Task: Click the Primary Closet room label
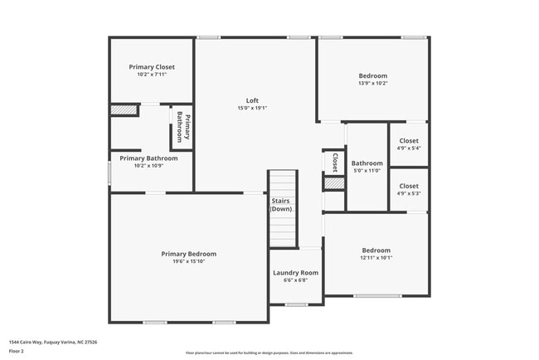(x=152, y=66)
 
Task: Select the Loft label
(x=252, y=100)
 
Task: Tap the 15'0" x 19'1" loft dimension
(x=252, y=108)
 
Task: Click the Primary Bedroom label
(x=188, y=254)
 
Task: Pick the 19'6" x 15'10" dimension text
(x=188, y=262)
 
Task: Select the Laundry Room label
(x=296, y=272)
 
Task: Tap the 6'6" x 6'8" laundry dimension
(x=296, y=280)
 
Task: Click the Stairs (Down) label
(x=281, y=205)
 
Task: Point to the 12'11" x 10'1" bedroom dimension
(x=376, y=258)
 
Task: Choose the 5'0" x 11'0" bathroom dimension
(x=367, y=171)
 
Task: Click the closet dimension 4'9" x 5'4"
(x=409, y=148)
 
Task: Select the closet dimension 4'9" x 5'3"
(x=409, y=194)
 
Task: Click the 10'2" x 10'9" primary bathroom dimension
(x=148, y=166)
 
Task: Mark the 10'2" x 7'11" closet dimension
(x=152, y=75)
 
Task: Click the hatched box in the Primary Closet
(x=124, y=109)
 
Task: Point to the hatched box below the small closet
(x=333, y=183)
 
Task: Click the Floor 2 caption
(x=17, y=351)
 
